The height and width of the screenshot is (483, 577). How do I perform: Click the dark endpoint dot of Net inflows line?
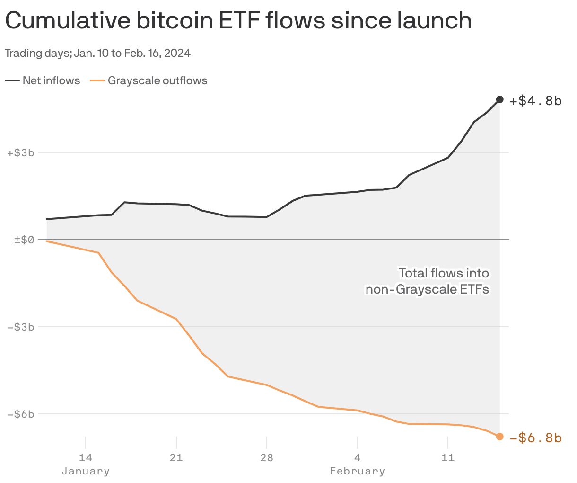coord(499,99)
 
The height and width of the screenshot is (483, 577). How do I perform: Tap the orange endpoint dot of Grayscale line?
coord(499,437)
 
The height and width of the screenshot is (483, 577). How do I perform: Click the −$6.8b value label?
coord(535,438)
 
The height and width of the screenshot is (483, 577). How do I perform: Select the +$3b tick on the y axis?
coord(21,153)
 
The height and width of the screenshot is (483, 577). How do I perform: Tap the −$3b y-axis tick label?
coord(21,327)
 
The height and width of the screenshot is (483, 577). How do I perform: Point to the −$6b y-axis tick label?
coord(21,414)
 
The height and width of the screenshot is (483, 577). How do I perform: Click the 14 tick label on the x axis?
coord(86,458)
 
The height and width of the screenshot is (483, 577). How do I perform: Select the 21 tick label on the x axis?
coord(176,458)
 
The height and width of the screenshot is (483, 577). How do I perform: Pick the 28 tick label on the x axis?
coord(267,458)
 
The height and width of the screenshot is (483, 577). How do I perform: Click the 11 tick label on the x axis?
coord(447,458)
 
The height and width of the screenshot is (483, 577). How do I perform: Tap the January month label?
coord(86,471)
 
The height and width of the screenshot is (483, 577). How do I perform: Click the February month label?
coord(357,471)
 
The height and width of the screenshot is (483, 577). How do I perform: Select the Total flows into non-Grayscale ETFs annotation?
coord(428,281)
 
